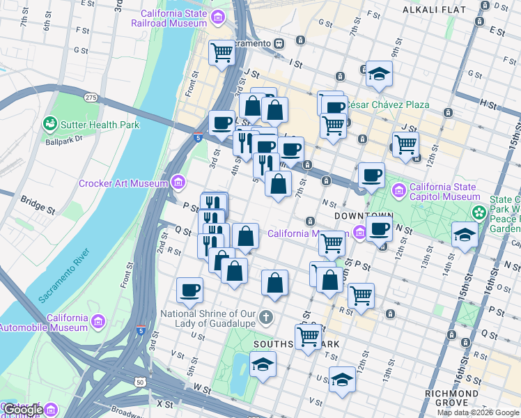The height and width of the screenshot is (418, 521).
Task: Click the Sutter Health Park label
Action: pyautogui.click(x=100, y=125)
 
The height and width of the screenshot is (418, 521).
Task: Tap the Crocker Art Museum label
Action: pyautogui.click(x=124, y=183)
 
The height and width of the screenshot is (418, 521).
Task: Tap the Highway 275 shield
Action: pyautogui.click(x=91, y=98)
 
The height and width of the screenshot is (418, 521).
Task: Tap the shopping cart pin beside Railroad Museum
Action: pyautogui.click(x=221, y=52)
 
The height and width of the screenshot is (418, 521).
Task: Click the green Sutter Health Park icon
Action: pyautogui.click(x=49, y=125)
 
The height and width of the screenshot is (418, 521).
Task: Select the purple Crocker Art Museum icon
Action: pyautogui.click(x=179, y=183)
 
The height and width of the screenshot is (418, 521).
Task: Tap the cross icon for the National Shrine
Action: pyautogui.click(x=265, y=319)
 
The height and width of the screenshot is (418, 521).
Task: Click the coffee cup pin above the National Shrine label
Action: pyautogui.click(x=189, y=289)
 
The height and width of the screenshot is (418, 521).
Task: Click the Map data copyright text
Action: pyautogui.click(x=478, y=412)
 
